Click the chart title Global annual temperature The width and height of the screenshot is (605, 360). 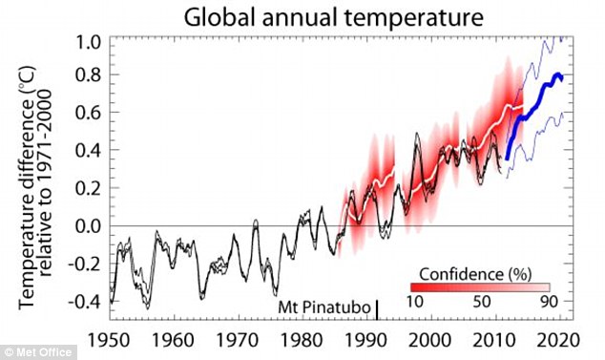pos(333,17)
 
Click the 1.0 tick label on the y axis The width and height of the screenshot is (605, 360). pos(89,42)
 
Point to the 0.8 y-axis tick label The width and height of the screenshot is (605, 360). pos(89,74)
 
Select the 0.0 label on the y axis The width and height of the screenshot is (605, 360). pos(89,226)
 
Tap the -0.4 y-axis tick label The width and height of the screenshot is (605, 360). pos(85,302)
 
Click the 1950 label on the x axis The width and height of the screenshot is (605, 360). pos(110,341)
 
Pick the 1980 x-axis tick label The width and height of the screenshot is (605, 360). pos(302,341)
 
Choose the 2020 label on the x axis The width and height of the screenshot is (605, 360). pos(558,341)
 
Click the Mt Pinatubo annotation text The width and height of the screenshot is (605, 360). pos(324,307)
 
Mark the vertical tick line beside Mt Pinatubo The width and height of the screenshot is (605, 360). pos(377,309)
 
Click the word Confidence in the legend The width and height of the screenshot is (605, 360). pos(461,275)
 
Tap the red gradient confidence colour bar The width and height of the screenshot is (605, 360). pos(480,287)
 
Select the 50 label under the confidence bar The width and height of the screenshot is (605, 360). pos(482,302)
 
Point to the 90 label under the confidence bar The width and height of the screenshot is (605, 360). pos(549,302)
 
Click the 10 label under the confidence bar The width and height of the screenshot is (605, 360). pos(415,302)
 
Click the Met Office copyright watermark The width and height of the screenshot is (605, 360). pos(38,352)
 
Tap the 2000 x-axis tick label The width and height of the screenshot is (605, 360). pos(429,341)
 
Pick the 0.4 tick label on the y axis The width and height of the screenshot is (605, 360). pos(89,151)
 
